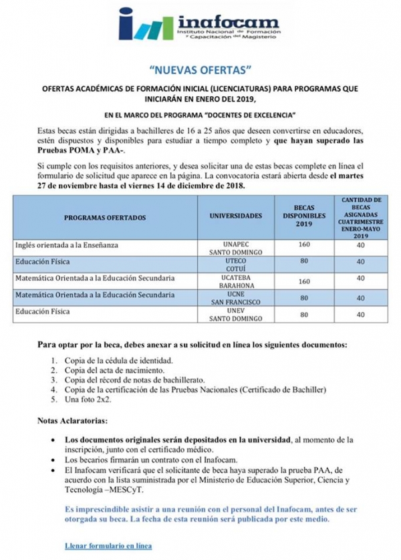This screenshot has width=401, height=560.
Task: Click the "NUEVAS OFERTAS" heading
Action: coord(200,69)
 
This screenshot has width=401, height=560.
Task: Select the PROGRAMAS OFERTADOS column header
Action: coord(107,218)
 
